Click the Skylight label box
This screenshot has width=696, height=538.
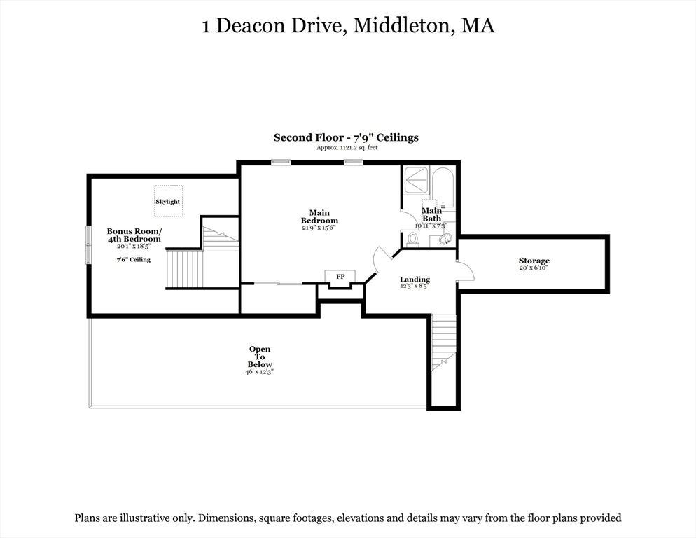tap(168, 201)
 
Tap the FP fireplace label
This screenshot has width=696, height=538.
tap(340, 276)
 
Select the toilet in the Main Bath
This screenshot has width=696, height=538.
tap(413, 240)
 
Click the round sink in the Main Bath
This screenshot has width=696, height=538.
tap(445, 240)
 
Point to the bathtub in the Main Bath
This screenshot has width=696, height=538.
tap(442, 187)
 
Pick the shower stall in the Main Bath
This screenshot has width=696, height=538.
tap(416, 180)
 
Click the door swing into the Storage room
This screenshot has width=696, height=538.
tap(466, 270)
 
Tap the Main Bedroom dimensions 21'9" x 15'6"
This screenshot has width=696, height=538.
tap(319, 228)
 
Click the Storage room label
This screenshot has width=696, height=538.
tap(534, 261)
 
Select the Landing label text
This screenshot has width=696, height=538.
tap(415, 280)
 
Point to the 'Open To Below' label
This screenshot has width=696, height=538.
tap(260, 357)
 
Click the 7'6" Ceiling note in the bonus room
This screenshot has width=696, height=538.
tap(134, 260)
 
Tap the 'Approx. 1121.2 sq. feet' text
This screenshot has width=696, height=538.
tap(347, 148)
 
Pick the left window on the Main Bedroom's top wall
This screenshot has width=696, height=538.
tap(281, 162)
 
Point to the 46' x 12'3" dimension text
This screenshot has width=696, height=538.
tap(260, 372)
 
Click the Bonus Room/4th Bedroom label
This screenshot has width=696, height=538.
tap(134, 235)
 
